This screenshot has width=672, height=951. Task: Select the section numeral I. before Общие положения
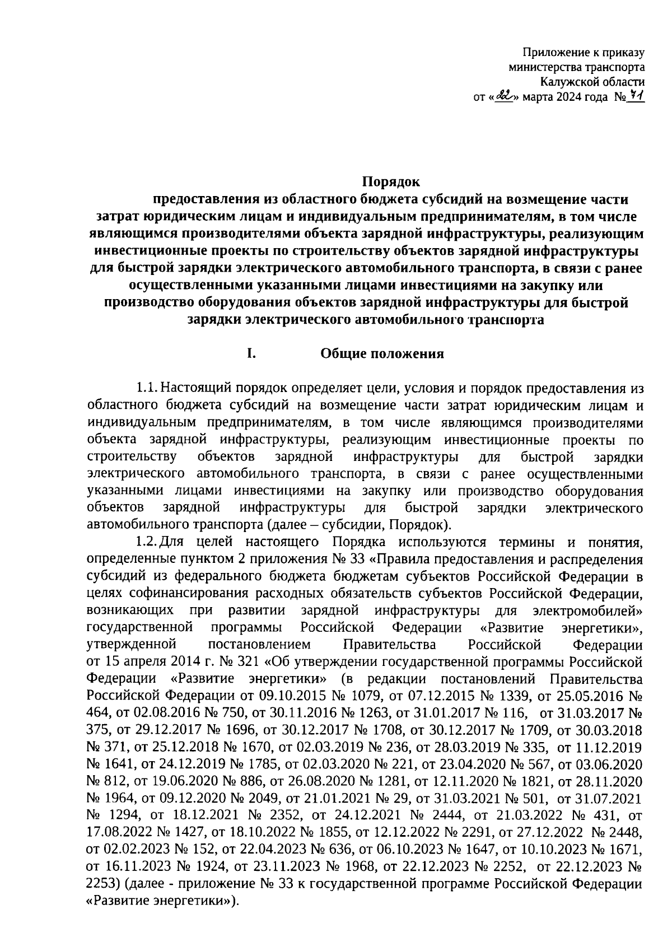252,353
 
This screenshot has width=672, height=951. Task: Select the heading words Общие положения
382,353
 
